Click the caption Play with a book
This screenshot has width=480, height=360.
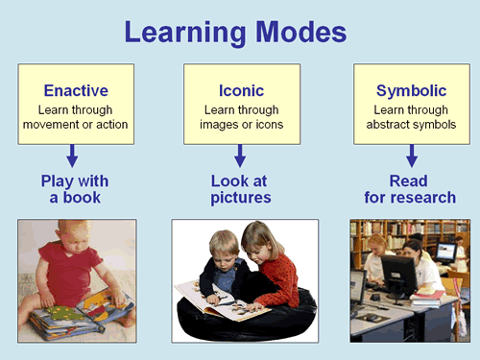pyautogui.click(x=74, y=189)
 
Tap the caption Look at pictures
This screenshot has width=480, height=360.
pyautogui.click(x=241, y=189)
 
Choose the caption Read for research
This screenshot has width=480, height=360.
pyautogui.click(x=412, y=189)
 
